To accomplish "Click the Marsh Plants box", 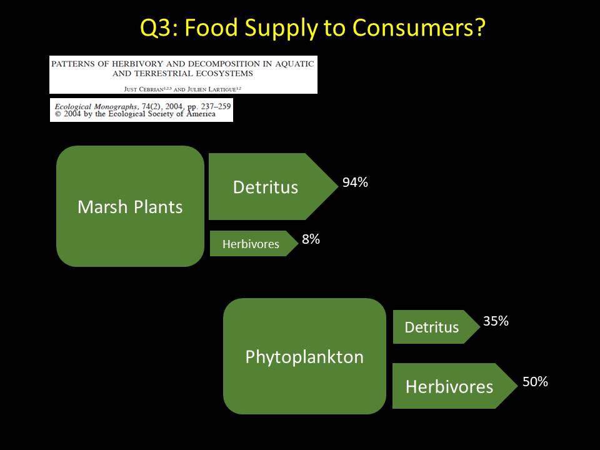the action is tap(130, 206).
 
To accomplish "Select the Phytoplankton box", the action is tap(304, 356).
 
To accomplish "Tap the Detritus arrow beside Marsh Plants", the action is tap(273, 186).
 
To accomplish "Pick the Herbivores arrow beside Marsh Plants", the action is tap(254, 243).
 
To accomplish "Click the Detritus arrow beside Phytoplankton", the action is tap(436, 327).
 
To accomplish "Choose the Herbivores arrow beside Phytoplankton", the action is tap(455, 386).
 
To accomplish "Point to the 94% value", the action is tap(355, 182).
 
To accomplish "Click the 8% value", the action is tap(311, 239).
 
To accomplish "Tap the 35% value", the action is tap(496, 321).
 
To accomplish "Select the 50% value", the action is tap(536, 381).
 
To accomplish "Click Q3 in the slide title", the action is tap(157, 28).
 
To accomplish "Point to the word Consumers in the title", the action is tap(419, 27).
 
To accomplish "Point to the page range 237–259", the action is tap(216, 106).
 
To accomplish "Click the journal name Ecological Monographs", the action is tap(96, 107).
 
